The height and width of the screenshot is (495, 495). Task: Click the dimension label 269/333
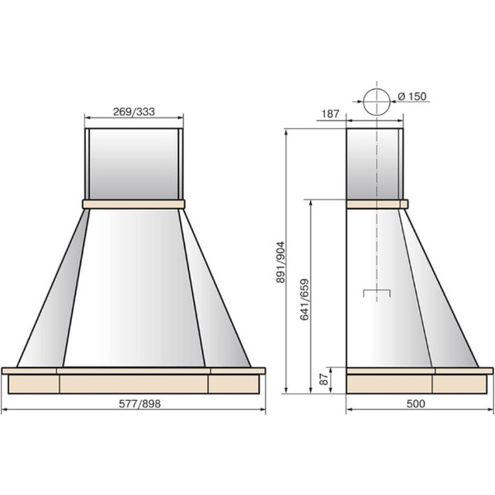point(134,111)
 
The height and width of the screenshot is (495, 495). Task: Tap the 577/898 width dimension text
point(139,403)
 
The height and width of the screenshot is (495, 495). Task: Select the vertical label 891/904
point(280,262)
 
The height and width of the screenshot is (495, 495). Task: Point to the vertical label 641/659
point(304,299)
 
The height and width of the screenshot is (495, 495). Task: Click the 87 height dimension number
point(323,379)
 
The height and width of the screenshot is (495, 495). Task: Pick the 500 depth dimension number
point(416,403)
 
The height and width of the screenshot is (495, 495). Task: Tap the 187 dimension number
point(331,114)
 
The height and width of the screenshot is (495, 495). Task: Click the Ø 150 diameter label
point(412,97)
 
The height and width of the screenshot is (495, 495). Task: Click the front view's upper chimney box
point(134,164)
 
